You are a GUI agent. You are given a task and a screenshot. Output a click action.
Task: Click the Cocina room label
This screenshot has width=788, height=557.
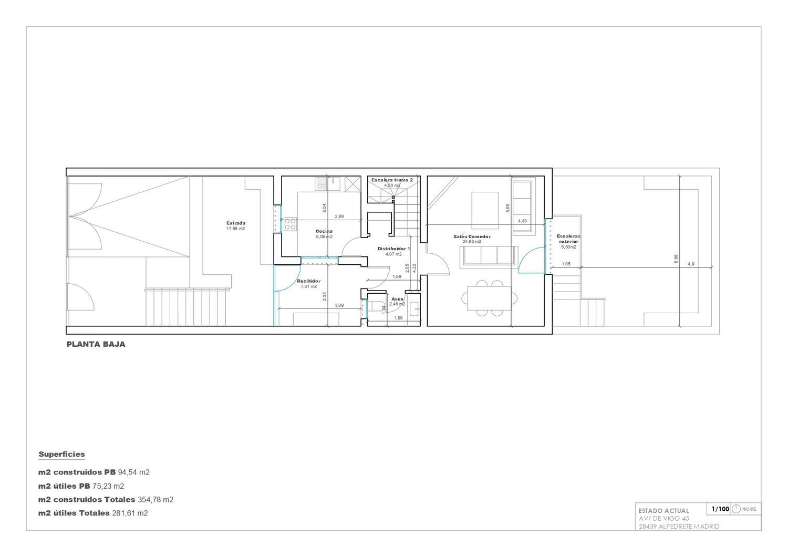pos(324,231)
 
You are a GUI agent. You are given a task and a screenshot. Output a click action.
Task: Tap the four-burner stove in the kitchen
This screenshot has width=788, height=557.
pos(289,225)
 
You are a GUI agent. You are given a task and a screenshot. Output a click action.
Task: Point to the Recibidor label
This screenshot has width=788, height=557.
pos(308,281)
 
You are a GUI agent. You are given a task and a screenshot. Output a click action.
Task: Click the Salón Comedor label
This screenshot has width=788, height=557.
pos(472,236)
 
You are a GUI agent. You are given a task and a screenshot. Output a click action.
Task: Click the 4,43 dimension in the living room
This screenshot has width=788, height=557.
pos(522,221)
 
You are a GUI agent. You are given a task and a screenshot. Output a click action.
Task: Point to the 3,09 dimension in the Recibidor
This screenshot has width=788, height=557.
pos(339,305)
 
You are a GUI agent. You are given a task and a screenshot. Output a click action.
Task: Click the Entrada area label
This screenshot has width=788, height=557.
pos(235,223)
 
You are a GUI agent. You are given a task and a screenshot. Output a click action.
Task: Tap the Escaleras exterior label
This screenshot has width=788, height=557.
pos(568,239)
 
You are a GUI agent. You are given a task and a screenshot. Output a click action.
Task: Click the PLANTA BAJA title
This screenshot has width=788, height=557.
pos(96,345)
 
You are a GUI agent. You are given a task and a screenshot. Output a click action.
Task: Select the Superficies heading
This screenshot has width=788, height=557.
pos(61,454)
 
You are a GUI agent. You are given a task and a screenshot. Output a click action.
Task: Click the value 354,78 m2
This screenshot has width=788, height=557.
pos(155,499)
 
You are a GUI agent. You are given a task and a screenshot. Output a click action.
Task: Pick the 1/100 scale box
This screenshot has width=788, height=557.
pos(720,509)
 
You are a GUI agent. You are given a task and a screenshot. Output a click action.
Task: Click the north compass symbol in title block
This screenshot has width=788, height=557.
pos(736,509)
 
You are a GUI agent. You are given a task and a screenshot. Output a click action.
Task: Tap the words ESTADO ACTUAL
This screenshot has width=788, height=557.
pos(663,510)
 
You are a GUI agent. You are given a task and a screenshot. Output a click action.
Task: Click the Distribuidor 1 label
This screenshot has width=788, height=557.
pos(393,249)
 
